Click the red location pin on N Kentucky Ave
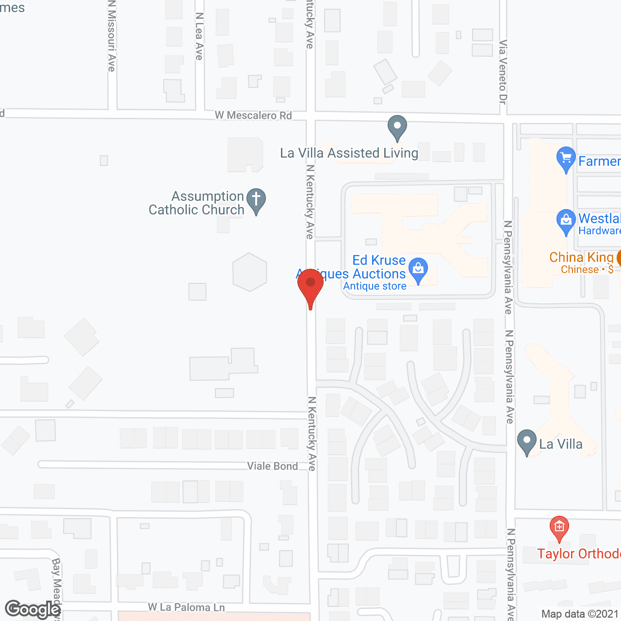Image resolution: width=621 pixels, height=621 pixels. tap(310, 284)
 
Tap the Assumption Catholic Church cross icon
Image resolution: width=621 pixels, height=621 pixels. tap(256, 199)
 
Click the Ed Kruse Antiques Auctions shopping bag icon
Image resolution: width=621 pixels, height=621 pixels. tap(418, 268)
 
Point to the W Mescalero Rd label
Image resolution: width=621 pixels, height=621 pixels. tap(253, 115)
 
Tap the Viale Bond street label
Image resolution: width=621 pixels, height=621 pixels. tap(273, 466)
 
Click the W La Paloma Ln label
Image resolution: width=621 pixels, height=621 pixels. tap(186, 607)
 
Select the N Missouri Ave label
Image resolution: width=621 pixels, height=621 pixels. tap(112, 36)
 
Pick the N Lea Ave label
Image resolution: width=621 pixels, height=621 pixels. tap(199, 36)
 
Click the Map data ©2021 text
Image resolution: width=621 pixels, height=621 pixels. tap(580, 614)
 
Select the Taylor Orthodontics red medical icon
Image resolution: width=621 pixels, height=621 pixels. tap(559, 527)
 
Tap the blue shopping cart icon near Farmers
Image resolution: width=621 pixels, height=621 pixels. tap(566, 158)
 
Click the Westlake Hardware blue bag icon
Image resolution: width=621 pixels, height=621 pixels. tap(566, 221)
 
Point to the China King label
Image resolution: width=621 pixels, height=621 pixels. tap(581, 257)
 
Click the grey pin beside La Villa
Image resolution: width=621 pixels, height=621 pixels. tap(526, 441)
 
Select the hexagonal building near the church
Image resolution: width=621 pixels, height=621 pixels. tap(250, 272)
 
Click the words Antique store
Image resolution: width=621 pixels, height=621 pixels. tap(375, 286)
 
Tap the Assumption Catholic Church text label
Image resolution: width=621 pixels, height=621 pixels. tap(196, 203)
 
